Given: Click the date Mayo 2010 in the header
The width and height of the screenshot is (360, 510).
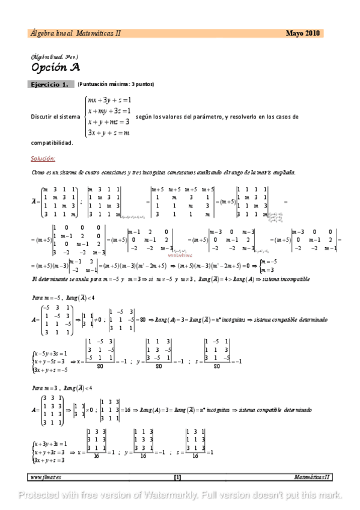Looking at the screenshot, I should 303,34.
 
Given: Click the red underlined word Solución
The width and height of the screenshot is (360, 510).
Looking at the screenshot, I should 43,159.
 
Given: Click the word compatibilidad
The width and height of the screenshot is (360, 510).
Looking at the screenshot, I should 52,143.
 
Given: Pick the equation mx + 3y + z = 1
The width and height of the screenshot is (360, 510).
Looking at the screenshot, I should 109,100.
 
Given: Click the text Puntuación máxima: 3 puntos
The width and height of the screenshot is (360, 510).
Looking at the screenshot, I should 115,85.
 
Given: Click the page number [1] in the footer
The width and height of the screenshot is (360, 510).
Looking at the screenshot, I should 177,477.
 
